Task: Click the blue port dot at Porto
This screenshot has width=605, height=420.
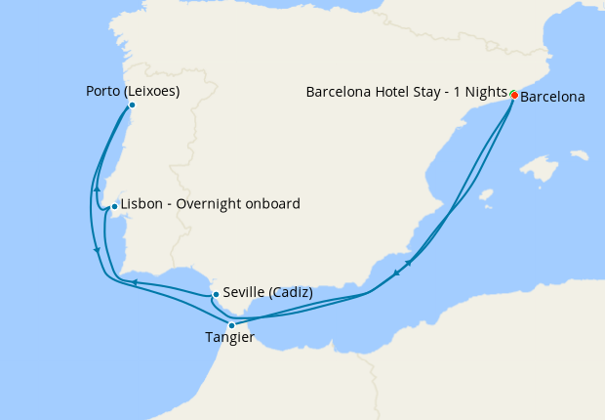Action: (x=132, y=105)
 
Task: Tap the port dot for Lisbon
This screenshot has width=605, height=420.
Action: (x=114, y=206)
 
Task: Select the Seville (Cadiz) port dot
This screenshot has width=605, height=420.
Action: (x=215, y=293)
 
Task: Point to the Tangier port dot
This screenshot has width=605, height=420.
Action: (x=231, y=324)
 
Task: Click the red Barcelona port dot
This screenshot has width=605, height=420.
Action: (x=514, y=95)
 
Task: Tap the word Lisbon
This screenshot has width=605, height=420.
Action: (x=140, y=204)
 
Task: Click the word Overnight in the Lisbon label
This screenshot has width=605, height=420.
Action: (x=209, y=204)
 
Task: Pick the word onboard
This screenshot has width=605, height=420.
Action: (x=272, y=204)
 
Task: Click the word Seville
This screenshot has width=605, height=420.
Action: (x=242, y=292)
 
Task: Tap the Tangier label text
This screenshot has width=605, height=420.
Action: (x=230, y=338)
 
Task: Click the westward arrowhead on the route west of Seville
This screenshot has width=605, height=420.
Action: (x=135, y=283)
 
